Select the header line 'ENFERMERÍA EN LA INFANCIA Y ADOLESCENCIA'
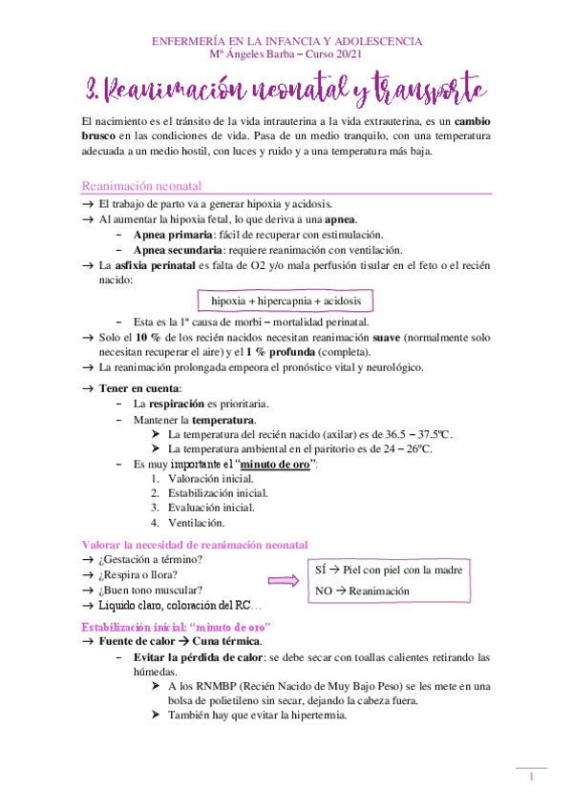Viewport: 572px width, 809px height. click(286, 42)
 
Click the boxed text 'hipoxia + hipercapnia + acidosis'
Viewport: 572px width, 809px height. click(286, 301)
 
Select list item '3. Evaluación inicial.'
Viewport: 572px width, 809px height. click(198, 508)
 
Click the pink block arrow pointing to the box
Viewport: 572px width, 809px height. click(283, 579)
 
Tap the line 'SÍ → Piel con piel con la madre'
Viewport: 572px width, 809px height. click(389, 570)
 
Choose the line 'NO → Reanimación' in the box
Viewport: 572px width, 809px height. click(362, 591)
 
